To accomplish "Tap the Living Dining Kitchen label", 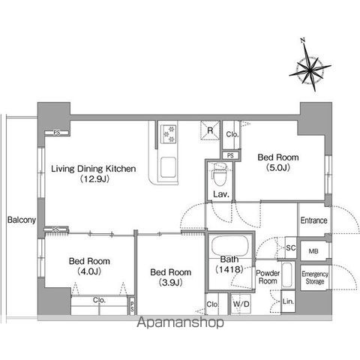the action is tap(94, 173).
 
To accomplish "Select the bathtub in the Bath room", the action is tap(230, 245).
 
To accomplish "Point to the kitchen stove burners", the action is tap(169, 134).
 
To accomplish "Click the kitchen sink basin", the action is tap(168, 167).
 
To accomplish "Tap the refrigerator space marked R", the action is tap(210, 130).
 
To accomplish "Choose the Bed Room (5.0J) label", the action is tap(278, 162).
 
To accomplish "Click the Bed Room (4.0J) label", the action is tap(89, 266).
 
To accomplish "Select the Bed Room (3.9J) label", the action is tap(171, 277).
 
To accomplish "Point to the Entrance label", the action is tap(313, 220).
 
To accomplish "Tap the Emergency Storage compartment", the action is tap(315, 277).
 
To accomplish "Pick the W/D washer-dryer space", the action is tap(241, 304).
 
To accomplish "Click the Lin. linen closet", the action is tap(288, 301).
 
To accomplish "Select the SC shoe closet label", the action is tap(291, 247).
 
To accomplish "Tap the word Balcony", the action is tap(22, 220).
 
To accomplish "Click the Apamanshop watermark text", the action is tap(180, 322).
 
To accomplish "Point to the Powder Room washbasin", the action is tap(288, 274).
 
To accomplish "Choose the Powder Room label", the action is tap(268, 277).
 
